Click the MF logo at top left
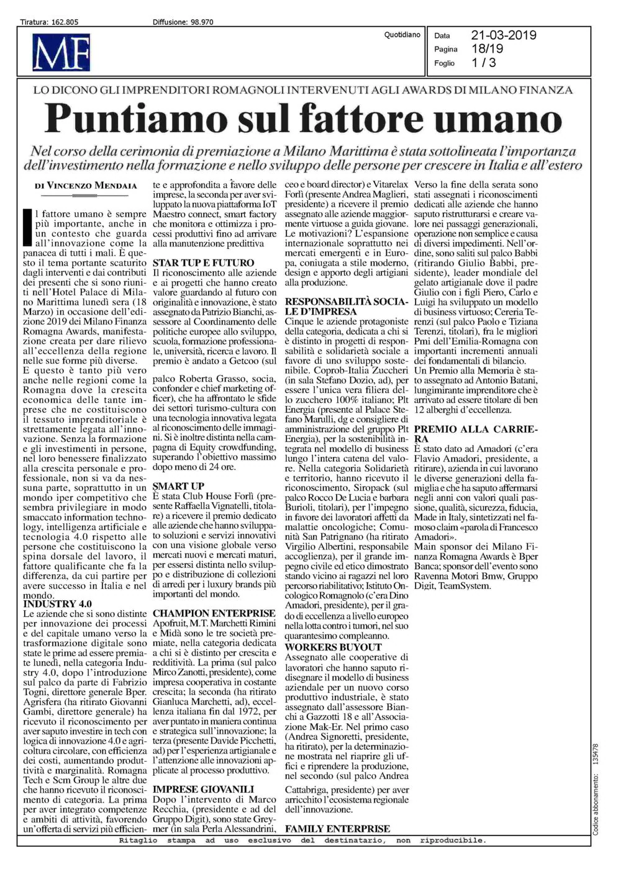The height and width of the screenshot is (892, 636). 63,52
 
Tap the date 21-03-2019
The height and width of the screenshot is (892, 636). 503,35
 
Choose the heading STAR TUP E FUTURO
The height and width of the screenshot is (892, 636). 203,263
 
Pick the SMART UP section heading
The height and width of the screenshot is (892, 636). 178,487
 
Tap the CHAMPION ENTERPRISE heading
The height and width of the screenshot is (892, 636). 214,614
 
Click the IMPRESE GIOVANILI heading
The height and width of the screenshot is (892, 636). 203,790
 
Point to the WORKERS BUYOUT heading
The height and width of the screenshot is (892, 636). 333,647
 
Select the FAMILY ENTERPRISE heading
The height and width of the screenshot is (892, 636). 337,829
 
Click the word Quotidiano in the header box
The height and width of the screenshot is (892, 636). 402,35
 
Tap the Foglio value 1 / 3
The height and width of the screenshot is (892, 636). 484,63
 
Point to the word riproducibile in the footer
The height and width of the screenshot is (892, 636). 453,840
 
